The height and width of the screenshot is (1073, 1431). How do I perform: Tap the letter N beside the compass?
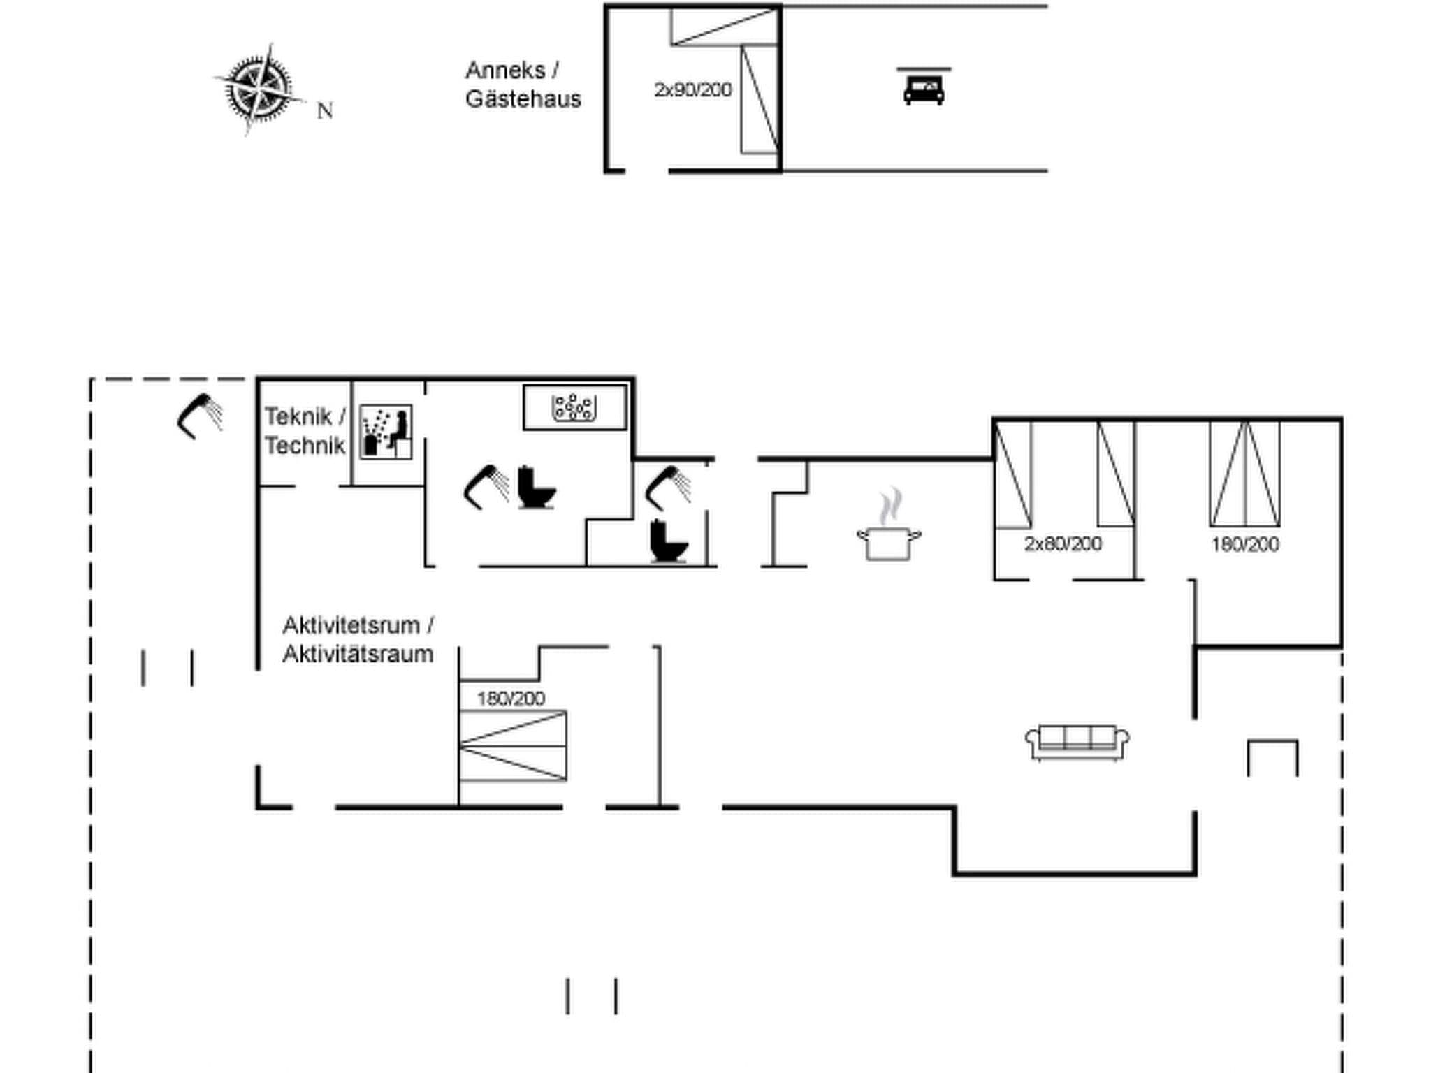click(x=325, y=111)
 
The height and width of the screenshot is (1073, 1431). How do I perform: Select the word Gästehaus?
click(x=523, y=99)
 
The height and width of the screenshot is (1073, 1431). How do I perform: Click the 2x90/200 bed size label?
click(x=692, y=90)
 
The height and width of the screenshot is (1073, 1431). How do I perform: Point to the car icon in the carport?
click(x=924, y=89)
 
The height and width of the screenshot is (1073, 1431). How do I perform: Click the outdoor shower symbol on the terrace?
click(x=199, y=416)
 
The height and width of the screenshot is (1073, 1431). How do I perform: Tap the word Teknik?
click(x=298, y=416)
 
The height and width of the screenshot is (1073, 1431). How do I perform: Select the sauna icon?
click(x=386, y=432)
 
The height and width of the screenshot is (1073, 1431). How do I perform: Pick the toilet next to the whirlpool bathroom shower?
click(x=536, y=487)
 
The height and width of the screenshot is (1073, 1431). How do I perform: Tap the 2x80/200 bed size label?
click(x=1063, y=543)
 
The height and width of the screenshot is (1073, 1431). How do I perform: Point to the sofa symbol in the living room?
click(x=1077, y=742)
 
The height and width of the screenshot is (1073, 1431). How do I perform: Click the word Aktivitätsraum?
click(x=358, y=655)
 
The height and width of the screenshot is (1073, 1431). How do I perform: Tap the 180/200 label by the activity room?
click(x=511, y=698)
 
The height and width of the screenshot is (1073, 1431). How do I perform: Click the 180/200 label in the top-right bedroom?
click(x=1244, y=544)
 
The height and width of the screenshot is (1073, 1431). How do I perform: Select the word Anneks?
click(x=505, y=71)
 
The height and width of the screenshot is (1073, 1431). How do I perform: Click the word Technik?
click(x=305, y=446)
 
